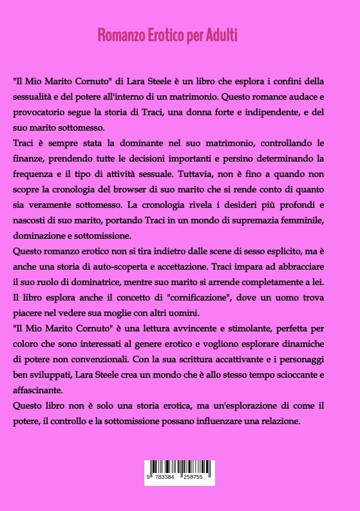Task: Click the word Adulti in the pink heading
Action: click(222, 35)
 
